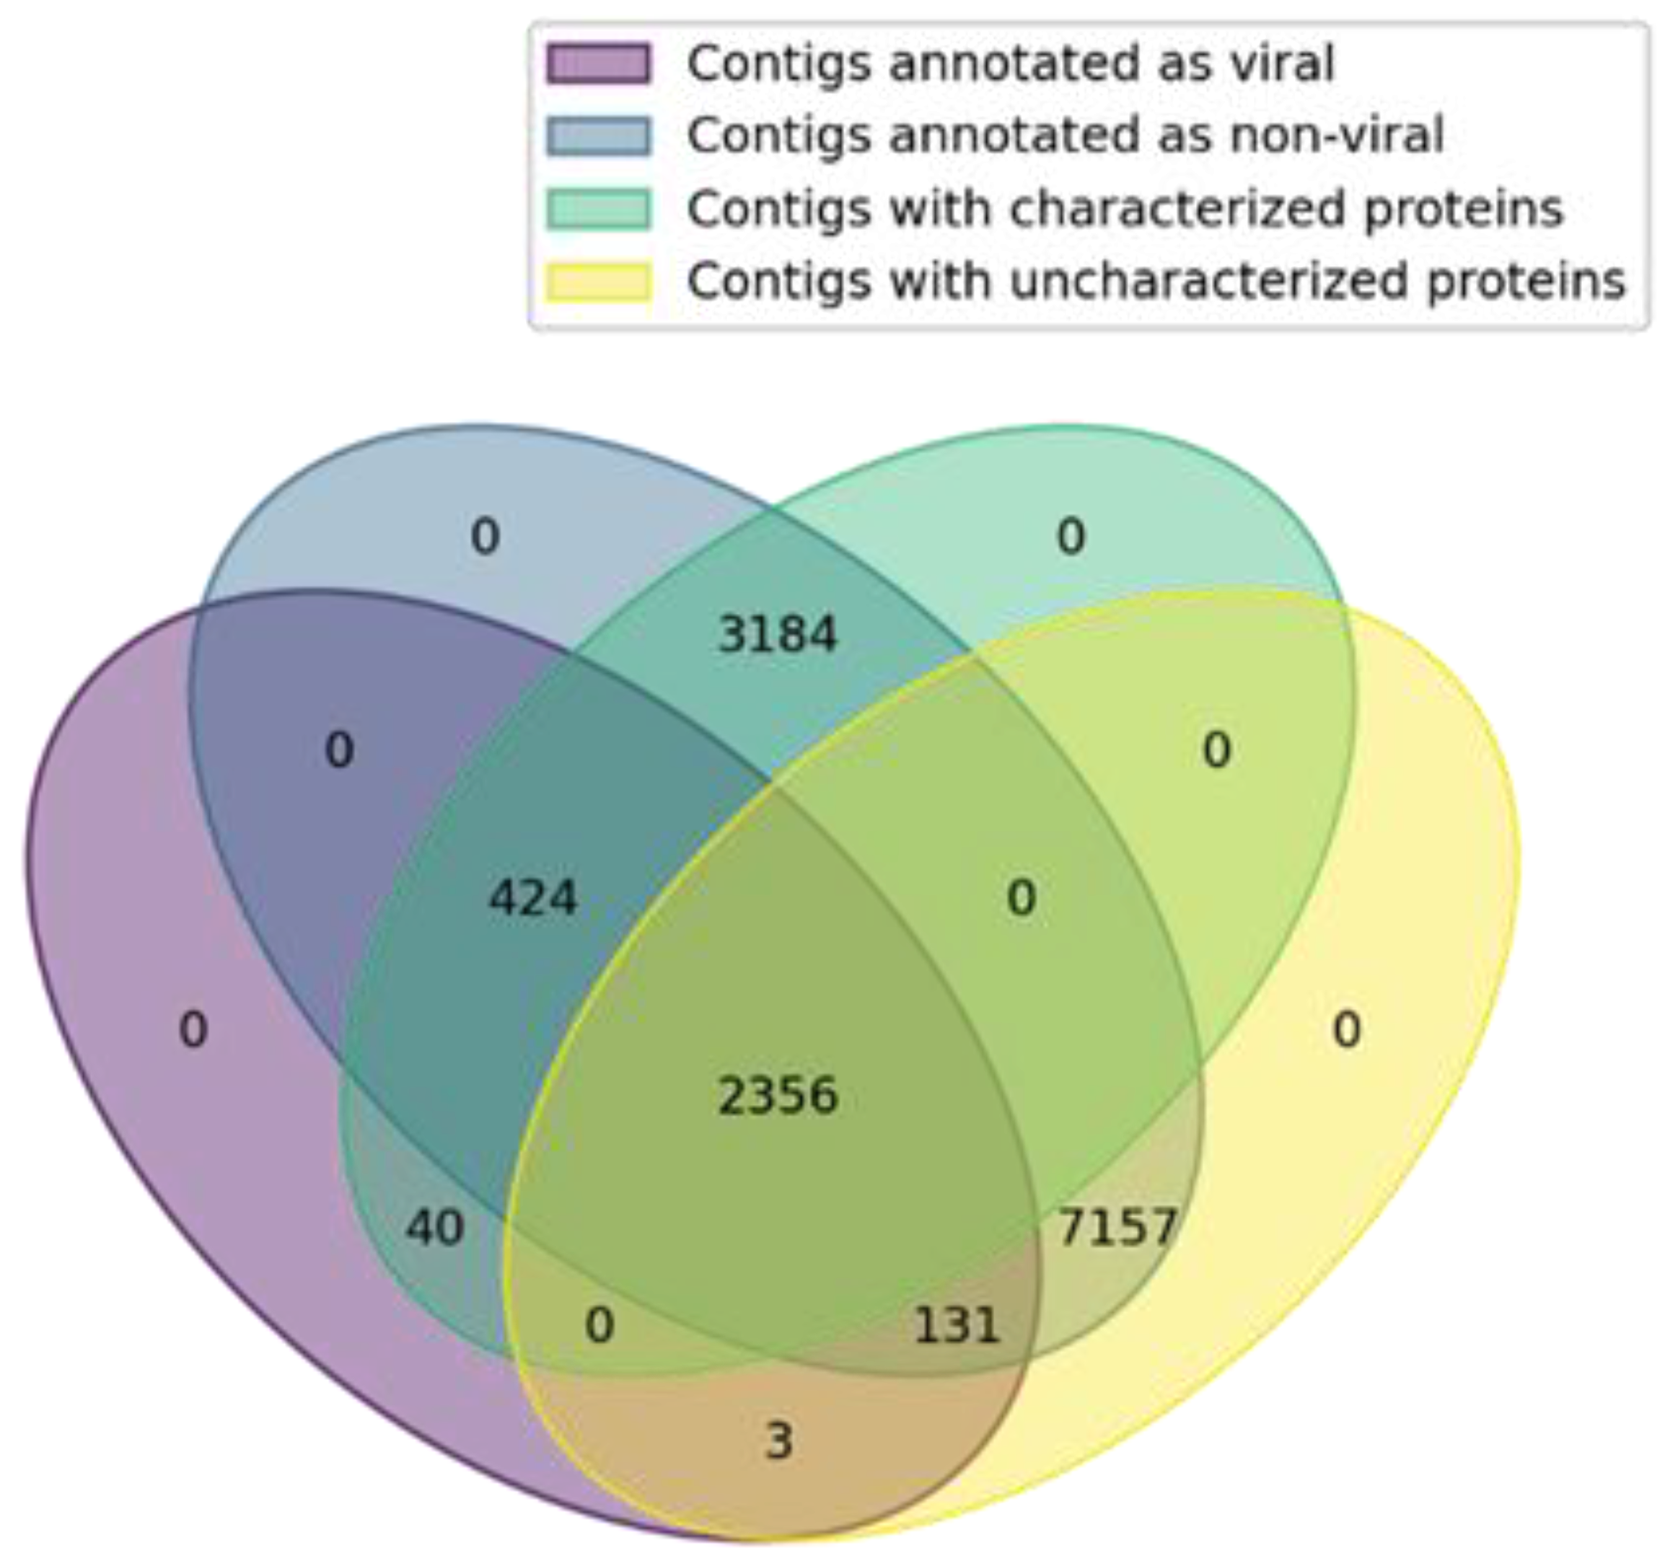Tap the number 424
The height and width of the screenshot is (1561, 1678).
coord(532,898)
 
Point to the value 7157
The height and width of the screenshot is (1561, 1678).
coord(1117,1227)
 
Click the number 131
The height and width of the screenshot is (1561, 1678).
coord(957,1326)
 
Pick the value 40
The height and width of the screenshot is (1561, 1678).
coord(435,1228)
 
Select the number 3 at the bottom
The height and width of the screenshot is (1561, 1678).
coord(778,1441)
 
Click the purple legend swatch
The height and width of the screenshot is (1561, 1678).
coord(599,64)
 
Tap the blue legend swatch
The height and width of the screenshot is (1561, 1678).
coord(599,136)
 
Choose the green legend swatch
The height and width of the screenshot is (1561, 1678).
coord(599,209)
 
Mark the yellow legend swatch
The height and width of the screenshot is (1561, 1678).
coord(599,281)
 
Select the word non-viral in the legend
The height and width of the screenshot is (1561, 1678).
coord(1337,135)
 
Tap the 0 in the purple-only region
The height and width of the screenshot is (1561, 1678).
coord(193,1030)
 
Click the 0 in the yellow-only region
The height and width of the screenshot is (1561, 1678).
coord(1346,1030)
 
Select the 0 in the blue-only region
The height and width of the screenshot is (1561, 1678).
coord(485,537)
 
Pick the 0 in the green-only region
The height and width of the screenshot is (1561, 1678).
coord(1071,537)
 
